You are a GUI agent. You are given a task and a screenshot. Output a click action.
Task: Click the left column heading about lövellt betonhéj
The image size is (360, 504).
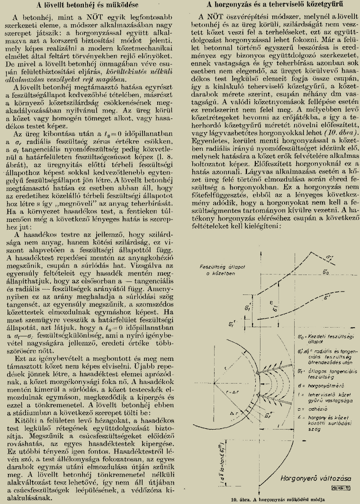tap(90, 5)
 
